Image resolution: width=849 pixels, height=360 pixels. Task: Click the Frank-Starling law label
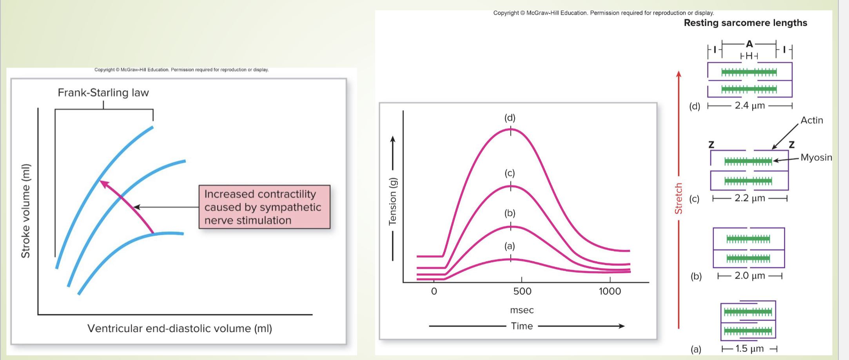click(103, 93)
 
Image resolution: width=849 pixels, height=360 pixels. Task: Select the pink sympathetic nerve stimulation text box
click(264, 207)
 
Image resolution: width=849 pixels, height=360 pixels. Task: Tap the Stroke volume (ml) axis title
click(25, 211)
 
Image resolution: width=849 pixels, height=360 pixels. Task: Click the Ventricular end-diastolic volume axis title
click(180, 328)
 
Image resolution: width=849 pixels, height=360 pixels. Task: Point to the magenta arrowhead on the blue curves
click(104, 184)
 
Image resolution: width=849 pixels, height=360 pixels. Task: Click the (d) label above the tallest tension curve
click(510, 118)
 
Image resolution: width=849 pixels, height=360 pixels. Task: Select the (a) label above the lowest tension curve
click(509, 246)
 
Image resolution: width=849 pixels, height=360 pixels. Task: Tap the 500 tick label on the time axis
click(522, 291)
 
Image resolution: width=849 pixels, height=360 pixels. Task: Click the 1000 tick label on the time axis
click(610, 291)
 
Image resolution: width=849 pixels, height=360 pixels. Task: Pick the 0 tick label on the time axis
click(434, 291)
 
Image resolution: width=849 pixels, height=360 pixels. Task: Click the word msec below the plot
click(522, 310)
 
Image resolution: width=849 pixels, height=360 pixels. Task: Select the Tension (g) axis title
click(392, 202)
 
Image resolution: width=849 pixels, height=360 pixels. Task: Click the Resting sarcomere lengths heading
click(745, 23)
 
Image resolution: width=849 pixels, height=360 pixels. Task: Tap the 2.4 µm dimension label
click(749, 105)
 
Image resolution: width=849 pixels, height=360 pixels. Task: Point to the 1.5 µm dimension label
click(749, 349)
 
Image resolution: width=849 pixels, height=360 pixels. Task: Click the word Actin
click(811, 120)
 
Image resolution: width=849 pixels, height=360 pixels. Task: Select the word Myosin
click(816, 158)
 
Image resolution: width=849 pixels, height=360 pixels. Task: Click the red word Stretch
click(678, 198)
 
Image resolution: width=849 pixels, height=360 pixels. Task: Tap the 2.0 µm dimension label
click(749, 276)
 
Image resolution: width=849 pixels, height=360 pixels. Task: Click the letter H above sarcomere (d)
click(749, 56)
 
